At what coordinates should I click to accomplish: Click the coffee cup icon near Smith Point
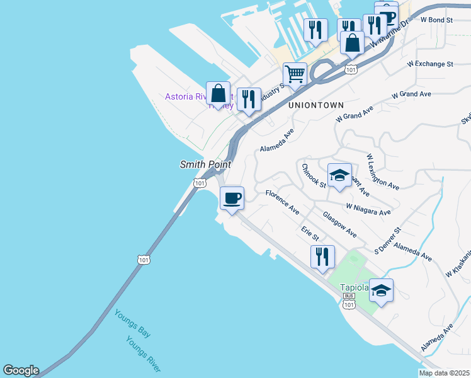coord(232,198)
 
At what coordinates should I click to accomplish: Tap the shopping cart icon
coord(295,75)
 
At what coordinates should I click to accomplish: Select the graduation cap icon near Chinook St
coord(339,176)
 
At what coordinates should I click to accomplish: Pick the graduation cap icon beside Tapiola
coord(381,291)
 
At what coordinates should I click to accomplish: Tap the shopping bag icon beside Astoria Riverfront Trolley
coord(217,94)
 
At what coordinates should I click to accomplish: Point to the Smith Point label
coord(205,164)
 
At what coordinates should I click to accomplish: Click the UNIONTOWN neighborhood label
coord(313,106)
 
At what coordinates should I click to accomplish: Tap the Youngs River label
coord(143,353)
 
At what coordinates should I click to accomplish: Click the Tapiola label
coord(354,287)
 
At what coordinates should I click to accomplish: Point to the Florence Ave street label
coord(282,202)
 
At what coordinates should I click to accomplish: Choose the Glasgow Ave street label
coord(340,224)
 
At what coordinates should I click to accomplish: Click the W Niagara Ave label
coord(368,209)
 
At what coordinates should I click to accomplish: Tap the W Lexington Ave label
coord(383,171)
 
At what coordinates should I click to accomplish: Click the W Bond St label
coord(436,20)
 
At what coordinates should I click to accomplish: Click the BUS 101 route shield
coord(348,301)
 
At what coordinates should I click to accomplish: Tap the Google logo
coord(21,370)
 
